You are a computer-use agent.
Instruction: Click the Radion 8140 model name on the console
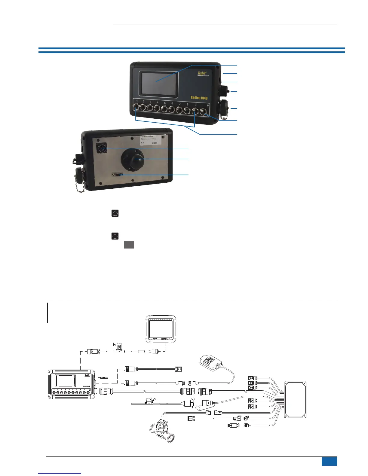199,98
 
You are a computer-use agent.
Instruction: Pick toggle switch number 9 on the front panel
195,111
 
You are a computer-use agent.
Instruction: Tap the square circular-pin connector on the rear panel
101,148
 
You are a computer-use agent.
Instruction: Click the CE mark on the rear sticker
143,143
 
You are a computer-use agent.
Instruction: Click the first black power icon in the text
115,214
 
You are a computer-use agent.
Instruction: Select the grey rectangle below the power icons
129,245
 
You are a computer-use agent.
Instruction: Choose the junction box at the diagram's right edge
295,399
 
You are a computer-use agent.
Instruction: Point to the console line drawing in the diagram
72,384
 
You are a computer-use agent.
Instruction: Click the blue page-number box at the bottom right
329,461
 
